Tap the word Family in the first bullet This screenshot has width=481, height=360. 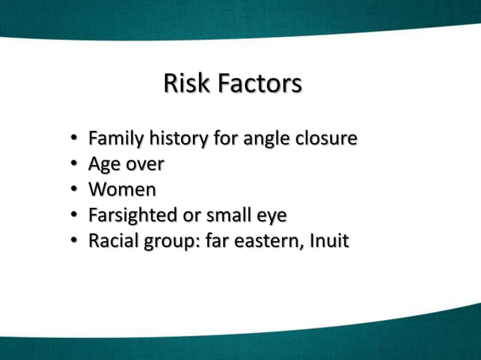pos(115,139)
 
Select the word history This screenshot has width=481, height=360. pos(176,139)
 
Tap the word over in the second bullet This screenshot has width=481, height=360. pos(144,164)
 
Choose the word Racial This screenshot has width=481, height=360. pos(113,242)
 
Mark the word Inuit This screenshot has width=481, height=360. pos(329,242)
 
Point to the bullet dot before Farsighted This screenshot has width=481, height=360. pos(75,216)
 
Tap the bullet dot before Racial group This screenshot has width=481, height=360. pos(75,243)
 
